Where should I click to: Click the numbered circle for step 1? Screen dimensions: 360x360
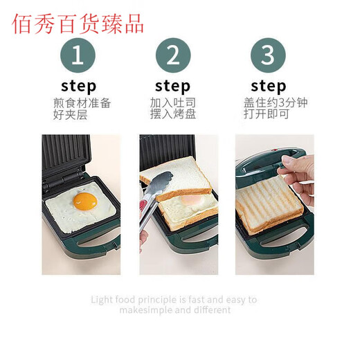(78, 55)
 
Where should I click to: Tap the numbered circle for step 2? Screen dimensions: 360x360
(172, 55)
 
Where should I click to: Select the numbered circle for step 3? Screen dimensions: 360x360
(268, 55)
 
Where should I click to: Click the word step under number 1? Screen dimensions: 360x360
(78, 86)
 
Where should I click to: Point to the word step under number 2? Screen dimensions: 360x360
(172, 86)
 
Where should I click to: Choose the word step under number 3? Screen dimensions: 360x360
(268, 86)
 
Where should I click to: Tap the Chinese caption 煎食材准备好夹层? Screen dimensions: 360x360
(82, 109)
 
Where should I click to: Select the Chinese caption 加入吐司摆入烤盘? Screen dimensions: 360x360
(172, 109)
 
